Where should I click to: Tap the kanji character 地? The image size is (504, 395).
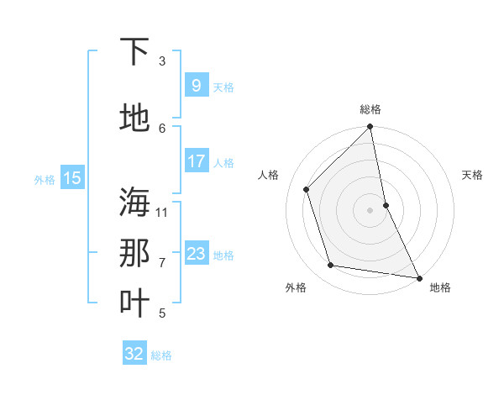coord(134,118)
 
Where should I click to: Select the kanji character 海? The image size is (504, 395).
coord(134,203)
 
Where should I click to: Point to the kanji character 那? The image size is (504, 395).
coord(134,253)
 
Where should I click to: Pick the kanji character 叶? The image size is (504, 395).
coord(134,303)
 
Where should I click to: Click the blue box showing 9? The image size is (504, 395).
coord(196,86)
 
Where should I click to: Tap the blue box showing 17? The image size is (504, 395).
coord(196,161)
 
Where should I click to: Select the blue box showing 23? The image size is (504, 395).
coord(196,254)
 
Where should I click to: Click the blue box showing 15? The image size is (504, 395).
coord(72,178)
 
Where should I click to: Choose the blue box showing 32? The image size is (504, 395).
coord(134,354)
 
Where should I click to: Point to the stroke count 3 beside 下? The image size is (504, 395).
coord(162,61)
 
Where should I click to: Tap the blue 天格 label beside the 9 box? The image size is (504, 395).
coord(223,87)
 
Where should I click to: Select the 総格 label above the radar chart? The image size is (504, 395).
coord(370,109)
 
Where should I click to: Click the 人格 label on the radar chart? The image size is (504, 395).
coord(269,175)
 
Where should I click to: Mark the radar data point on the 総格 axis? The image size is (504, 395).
coord(370,128)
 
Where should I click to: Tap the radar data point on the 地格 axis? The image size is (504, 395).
coord(418,277)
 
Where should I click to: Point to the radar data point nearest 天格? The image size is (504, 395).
coord(386,205)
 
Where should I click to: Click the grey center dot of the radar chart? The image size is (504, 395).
coord(370,210)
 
